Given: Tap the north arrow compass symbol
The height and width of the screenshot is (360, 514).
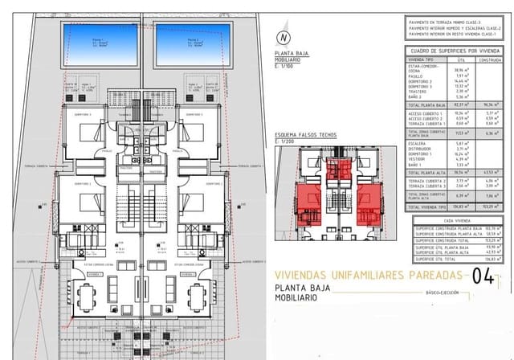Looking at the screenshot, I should coord(282,36).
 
